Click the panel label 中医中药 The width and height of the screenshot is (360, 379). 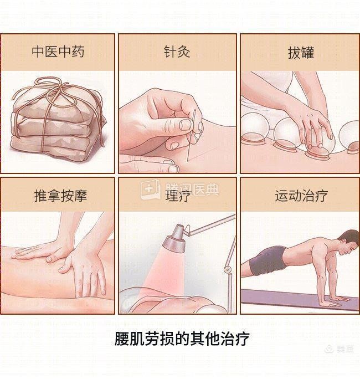coord(58,52)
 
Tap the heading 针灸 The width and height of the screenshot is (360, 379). coord(177,52)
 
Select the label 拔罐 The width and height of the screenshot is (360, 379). coord(301,53)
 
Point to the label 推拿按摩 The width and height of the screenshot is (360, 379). coord(60,195)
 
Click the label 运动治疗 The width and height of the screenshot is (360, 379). coord(301,195)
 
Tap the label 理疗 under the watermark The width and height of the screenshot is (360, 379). coord(178,196)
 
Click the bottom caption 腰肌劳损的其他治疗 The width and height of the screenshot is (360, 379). coord(182,339)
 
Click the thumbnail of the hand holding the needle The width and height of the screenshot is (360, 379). coord(185,125)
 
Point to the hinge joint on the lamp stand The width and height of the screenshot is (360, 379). coord(228,269)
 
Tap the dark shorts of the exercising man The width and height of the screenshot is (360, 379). coord(268,260)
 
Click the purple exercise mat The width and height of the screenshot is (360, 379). coord(300,299)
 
